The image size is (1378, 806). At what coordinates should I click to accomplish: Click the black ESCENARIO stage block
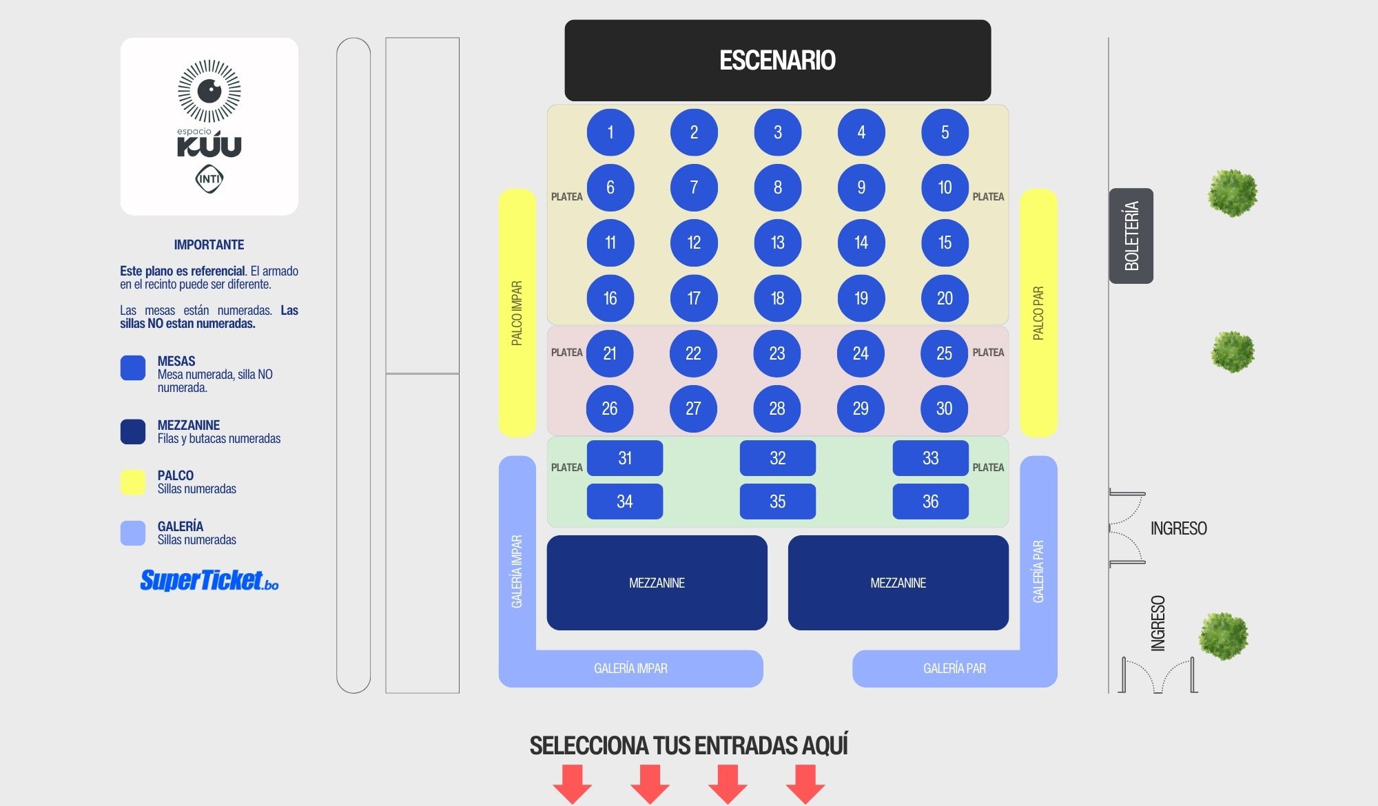(x=778, y=60)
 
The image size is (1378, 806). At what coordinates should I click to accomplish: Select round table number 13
(x=778, y=242)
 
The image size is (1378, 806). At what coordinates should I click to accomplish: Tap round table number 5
(x=945, y=132)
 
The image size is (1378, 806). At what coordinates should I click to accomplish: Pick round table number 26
(x=610, y=409)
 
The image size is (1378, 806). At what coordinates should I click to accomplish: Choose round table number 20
(x=945, y=298)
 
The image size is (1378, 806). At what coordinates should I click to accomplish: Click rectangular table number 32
(x=778, y=458)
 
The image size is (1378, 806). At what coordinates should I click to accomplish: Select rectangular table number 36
(x=931, y=502)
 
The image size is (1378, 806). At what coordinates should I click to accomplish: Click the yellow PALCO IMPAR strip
(x=517, y=313)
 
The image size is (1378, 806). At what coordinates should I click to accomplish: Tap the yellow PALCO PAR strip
(x=1038, y=313)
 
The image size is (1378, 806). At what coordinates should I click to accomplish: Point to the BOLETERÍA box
(x=1131, y=236)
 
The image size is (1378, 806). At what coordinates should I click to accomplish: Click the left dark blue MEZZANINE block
(x=657, y=583)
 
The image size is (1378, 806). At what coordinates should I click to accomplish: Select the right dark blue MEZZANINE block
(x=898, y=583)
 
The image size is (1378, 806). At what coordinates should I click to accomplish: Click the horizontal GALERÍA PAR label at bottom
(x=954, y=668)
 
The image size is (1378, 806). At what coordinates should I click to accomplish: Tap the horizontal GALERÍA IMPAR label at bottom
(x=630, y=668)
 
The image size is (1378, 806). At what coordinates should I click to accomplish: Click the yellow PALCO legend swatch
(x=133, y=482)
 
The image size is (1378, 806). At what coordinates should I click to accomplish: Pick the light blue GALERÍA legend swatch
(x=133, y=533)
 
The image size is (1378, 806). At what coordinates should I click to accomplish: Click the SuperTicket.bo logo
(x=209, y=581)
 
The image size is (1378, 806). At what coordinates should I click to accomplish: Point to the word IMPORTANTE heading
(x=209, y=245)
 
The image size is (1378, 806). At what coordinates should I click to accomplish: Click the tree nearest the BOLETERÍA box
(x=1233, y=193)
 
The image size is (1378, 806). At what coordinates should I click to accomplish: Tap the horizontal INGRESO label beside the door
(x=1179, y=528)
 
